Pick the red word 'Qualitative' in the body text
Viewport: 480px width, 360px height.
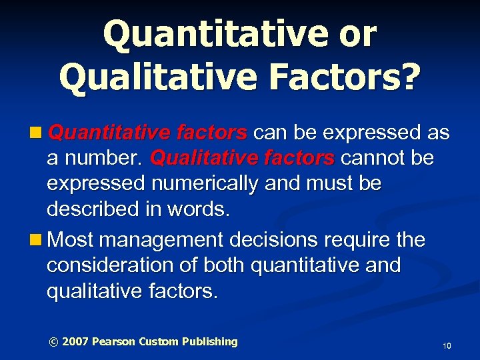tap(193, 159)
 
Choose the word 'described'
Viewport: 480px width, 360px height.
tap(89, 210)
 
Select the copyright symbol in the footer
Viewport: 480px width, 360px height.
tap(54, 342)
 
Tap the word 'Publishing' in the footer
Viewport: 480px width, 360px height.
tap(210, 342)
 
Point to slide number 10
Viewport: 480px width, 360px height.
tap(447, 346)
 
